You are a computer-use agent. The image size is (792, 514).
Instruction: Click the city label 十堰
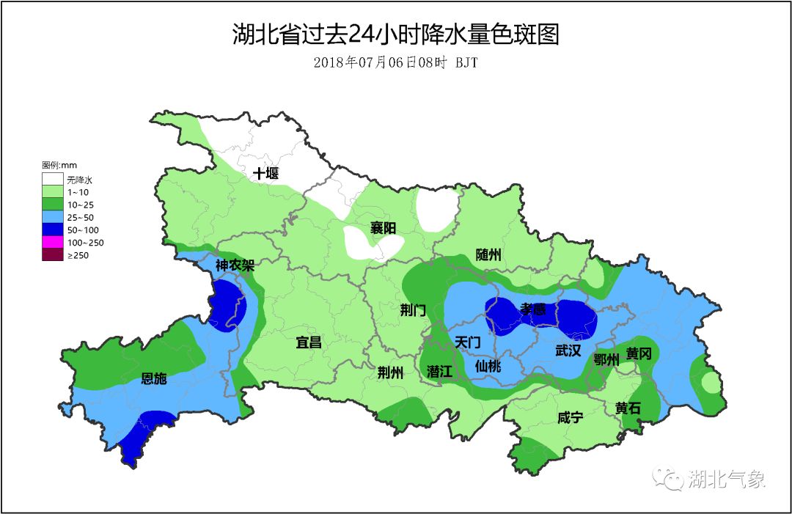[265, 174]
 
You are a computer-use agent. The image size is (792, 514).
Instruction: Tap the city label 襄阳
[382, 228]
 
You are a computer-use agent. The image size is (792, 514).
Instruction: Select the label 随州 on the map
[488, 254]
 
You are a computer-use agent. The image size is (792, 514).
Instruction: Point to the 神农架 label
[235, 265]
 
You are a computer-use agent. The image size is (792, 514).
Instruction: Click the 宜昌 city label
[309, 342]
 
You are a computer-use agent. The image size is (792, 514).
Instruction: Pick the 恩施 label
[154, 378]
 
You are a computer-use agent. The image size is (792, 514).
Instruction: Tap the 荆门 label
[413, 309]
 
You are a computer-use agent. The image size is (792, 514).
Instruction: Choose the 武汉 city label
[568, 350]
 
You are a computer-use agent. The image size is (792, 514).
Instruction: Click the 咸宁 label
[570, 417]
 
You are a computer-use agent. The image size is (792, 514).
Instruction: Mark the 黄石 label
[628, 408]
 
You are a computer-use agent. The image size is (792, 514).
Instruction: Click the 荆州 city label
[390, 372]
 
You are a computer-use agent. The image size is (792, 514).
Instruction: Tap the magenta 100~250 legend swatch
[52, 242]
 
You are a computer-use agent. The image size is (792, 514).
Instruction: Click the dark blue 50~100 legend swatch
[52, 230]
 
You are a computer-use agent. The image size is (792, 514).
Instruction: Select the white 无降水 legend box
[52, 179]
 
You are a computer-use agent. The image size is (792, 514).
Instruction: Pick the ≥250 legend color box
[52, 255]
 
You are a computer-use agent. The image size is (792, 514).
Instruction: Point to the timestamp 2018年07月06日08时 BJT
[396, 63]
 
